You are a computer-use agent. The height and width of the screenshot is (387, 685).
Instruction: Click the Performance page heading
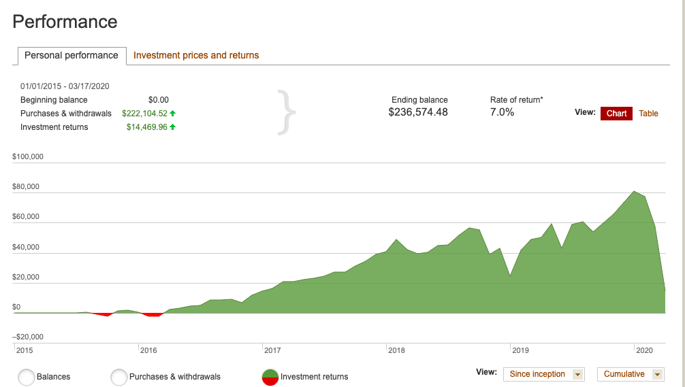65,22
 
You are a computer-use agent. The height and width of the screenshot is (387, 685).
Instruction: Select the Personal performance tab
71,56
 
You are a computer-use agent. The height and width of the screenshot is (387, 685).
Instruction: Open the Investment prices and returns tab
196,56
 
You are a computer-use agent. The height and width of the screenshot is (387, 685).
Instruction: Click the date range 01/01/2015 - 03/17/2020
65,86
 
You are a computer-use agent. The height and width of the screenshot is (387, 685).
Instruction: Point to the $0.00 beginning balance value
158,100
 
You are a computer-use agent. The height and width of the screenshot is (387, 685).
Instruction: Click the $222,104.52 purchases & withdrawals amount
145,114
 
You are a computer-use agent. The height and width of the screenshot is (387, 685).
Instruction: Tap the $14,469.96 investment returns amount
147,127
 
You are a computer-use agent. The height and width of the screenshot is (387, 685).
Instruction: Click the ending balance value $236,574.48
418,112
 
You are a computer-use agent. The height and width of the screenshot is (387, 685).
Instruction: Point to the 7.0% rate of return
502,112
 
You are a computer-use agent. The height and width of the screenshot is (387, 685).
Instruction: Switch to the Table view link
648,114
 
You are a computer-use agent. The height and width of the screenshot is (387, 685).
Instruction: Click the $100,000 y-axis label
28,157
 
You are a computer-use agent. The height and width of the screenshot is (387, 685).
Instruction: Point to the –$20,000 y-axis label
28,337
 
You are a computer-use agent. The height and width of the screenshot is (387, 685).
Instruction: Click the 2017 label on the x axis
272,350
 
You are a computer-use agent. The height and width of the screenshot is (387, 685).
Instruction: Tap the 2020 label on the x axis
644,350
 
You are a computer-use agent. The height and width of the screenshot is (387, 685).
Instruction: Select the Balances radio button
27,377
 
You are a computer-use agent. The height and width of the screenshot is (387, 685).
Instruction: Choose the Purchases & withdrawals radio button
119,377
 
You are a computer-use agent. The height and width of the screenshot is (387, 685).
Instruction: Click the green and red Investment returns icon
270,377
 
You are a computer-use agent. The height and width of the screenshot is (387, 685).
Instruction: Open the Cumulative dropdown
630,374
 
